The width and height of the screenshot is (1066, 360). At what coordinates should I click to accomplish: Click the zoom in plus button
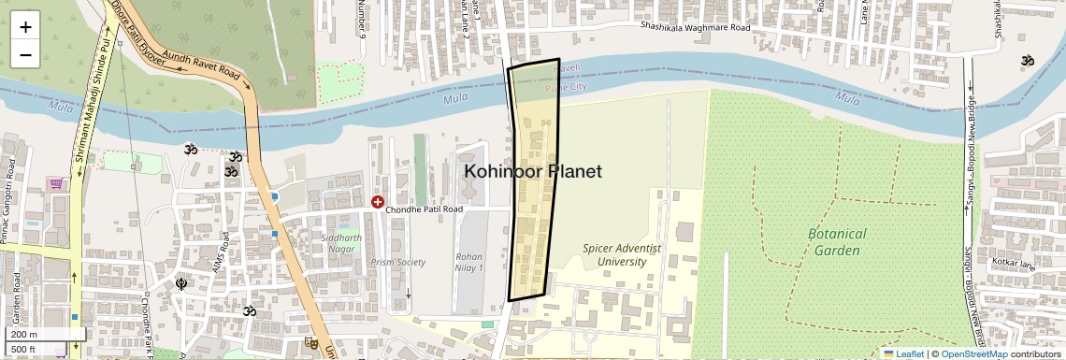click(x=25, y=26)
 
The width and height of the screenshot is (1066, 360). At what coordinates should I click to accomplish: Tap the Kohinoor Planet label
click(x=533, y=172)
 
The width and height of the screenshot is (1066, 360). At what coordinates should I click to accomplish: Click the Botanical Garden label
click(x=838, y=241)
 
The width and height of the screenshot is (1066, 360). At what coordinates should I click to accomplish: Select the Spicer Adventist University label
click(x=622, y=255)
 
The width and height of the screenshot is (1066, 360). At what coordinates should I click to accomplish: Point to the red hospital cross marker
click(x=378, y=202)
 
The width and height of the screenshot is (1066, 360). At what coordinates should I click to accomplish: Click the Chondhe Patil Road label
click(x=426, y=210)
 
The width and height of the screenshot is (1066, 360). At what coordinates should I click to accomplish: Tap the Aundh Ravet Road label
click(x=201, y=64)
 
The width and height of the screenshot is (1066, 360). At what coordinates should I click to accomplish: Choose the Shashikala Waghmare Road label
click(x=695, y=28)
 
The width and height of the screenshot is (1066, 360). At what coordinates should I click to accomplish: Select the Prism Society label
click(x=397, y=263)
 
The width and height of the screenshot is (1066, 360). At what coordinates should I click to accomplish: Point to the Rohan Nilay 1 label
click(x=468, y=262)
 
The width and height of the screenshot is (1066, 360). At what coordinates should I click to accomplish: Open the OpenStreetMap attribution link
click(x=973, y=353)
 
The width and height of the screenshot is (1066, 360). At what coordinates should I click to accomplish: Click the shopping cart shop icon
click(x=57, y=184)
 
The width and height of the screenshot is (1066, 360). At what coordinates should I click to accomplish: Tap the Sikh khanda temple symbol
click(x=181, y=283)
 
